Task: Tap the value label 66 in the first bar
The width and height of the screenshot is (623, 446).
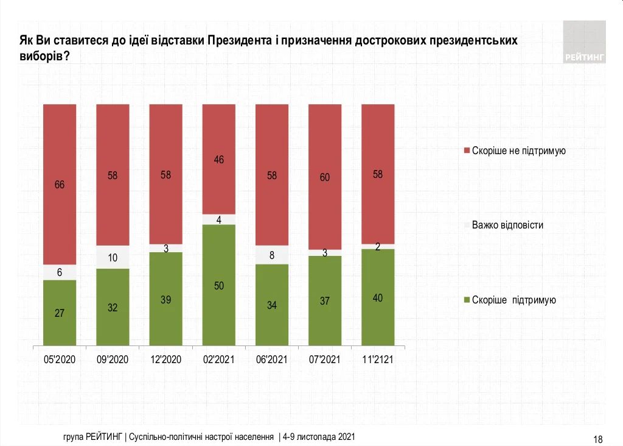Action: (x=60, y=185)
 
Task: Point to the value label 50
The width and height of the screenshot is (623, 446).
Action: (x=219, y=286)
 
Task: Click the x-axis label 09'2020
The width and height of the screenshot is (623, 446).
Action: (x=113, y=359)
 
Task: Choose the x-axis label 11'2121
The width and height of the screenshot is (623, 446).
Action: (x=378, y=359)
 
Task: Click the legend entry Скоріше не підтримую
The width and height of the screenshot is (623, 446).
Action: (x=519, y=150)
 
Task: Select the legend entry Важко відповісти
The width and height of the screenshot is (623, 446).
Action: (x=507, y=225)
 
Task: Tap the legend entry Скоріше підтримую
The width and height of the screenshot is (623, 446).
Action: (x=514, y=300)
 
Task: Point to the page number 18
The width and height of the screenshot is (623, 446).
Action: (x=597, y=439)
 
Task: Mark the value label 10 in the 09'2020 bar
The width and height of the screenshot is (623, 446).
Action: (x=113, y=258)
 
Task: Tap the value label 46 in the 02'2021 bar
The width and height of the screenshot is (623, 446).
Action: (x=219, y=160)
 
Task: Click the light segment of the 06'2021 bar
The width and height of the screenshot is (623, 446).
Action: (x=272, y=255)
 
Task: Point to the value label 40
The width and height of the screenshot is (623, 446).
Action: (x=378, y=298)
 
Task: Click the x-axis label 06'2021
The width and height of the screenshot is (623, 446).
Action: (x=272, y=359)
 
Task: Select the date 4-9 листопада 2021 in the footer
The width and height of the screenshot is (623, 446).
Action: (x=319, y=437)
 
